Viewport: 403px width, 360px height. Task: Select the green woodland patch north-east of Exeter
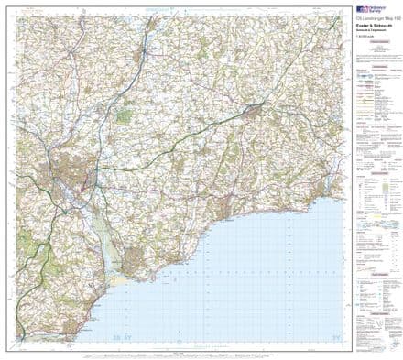click(125, 117)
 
